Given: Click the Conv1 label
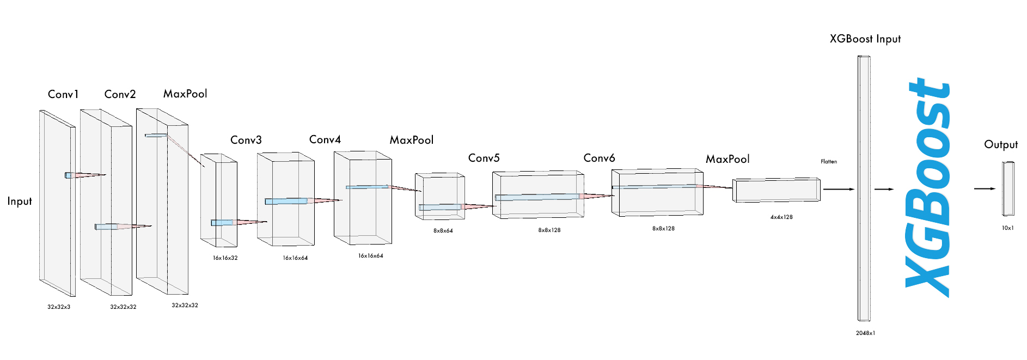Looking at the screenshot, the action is tap(63, 94).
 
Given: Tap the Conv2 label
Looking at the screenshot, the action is tap(120, 94).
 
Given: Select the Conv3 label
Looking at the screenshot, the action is tap(246, 140).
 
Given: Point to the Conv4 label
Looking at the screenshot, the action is tap(325, 139).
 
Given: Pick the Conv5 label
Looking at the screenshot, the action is tap(484, 158).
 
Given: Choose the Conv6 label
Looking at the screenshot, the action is tap(599, 158).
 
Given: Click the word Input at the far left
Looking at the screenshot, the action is tap(20, 202).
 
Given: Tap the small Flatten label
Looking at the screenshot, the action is tap(829, 162).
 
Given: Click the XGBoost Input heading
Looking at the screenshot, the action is tap(865, 39).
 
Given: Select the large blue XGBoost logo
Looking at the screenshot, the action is tap(928, 188).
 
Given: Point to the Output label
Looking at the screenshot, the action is tap(1001, 144).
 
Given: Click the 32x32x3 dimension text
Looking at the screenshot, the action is tap(59, 307).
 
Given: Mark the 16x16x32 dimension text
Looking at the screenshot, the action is tap(225, 258).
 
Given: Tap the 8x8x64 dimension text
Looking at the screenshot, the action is tap(443, 231).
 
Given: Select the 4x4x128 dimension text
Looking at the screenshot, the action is tap(781, 217).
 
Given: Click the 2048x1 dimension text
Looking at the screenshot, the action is tap(865, 333).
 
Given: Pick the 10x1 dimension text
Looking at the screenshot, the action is tap(1008, 228).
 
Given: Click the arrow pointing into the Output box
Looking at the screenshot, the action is tap(985, 189).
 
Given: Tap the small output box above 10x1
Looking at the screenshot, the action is tap(1008, 188).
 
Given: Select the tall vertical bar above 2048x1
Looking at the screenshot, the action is tap(864, 188).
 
